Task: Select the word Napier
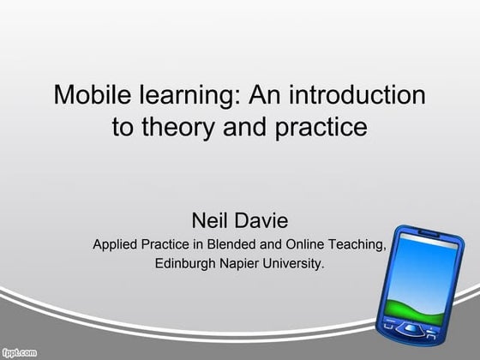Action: tap(245, 264)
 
